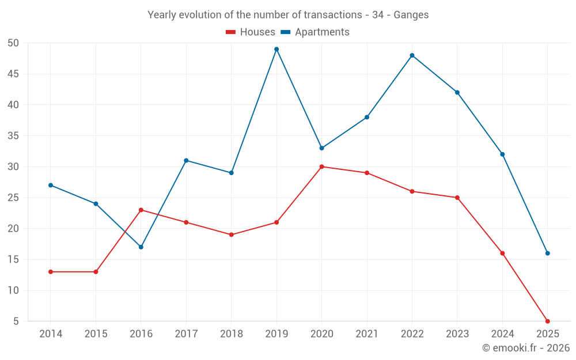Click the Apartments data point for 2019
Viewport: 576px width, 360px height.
tap(276, 49)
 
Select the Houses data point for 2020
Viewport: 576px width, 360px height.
tap(321, 166)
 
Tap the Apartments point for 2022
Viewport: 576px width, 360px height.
tap(412, 55)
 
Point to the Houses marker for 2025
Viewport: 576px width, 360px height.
tap(547, 321)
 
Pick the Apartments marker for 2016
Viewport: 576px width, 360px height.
tap(141, 247)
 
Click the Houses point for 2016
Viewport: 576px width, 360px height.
tap(141, 210)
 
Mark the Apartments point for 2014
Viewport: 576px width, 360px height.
tap(51, 185)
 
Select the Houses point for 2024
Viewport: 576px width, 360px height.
tap(502, 253)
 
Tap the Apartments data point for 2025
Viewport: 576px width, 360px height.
tap(547, 253)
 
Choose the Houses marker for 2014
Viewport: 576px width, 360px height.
tap(51, 271)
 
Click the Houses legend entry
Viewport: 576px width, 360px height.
tap(251, 32)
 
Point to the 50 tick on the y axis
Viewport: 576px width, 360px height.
tap(13, 43)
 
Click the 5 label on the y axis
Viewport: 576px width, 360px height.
tap(16, 321)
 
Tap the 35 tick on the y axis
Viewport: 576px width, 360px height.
tap(13, 136)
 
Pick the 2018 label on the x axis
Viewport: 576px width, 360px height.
tap(231, 334)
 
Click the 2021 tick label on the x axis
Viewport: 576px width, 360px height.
tap(367, 334)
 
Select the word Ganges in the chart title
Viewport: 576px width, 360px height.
tap(411, 15)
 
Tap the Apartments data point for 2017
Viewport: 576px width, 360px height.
tap(186, 160)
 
